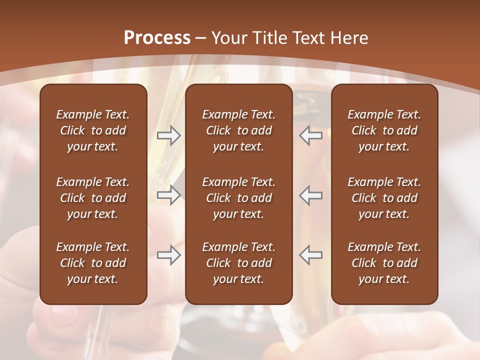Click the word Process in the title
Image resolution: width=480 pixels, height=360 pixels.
[x=157, y=38]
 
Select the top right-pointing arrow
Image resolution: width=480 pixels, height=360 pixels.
[x=168, y=135]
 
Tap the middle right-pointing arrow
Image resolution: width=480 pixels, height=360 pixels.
[x=168, y=195]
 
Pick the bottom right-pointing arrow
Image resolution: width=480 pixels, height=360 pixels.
[x=168, y=255]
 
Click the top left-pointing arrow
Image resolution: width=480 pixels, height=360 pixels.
[x=311, y=135]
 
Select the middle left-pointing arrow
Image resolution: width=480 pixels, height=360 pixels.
[x=311, y=195]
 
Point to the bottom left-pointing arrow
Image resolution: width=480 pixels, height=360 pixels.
[x=311, y=255]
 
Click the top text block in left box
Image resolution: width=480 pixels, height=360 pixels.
[x=93, y=130]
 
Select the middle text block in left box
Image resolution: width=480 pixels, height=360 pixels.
[x=93, y=198]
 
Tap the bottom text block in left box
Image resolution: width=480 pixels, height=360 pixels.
[x=93, y=263]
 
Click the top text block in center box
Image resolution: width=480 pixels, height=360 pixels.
[x=238, y=130]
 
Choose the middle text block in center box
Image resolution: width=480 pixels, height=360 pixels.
[x=238, y=198]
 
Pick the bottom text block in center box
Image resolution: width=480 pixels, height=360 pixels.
[x=238, y=263]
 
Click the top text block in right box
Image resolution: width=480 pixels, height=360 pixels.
[x=384, y=130]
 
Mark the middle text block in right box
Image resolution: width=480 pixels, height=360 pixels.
[x=384, y=198]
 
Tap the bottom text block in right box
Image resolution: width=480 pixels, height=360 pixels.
[x=384, y=263]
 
